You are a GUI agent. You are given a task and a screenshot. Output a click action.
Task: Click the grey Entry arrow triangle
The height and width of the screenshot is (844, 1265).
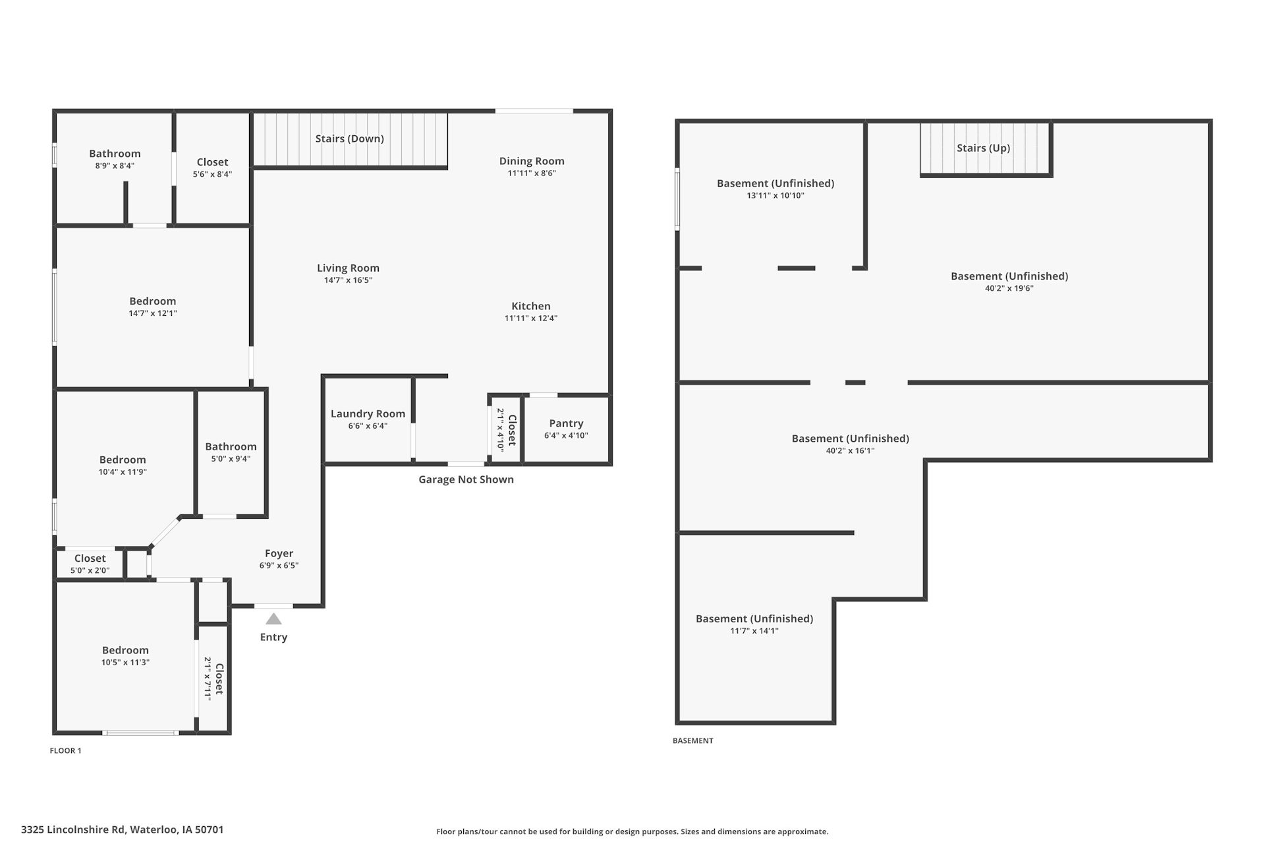point(273,618)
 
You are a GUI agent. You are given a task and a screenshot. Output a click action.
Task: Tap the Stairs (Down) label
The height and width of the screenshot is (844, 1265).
point(349,138)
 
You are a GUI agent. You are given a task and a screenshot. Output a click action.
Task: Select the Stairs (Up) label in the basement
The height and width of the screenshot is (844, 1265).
point(983,148)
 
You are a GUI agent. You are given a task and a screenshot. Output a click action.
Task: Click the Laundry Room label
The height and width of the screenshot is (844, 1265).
point(368,414)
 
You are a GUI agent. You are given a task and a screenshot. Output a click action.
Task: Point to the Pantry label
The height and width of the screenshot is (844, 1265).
point(566,423)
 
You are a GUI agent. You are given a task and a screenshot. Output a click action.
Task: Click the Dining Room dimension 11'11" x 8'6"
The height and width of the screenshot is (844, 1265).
point(532,173)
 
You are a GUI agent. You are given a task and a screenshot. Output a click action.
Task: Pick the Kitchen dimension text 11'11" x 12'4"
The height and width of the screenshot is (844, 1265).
point(531,318)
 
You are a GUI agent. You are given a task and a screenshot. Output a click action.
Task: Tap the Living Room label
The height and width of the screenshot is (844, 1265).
point(348,268)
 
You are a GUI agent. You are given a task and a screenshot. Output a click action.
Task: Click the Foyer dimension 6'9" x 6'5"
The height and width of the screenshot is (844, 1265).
point(279,566)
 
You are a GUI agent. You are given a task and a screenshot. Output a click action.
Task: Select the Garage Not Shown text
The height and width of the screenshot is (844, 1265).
point(466,479)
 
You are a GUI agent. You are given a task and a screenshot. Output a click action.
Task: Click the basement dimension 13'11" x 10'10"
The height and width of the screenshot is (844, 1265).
point(775,196)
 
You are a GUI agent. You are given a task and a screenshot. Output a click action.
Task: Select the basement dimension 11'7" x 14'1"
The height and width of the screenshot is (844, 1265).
point(754,631)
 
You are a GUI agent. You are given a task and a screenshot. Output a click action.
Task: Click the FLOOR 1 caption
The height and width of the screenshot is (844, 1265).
point(65,750)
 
